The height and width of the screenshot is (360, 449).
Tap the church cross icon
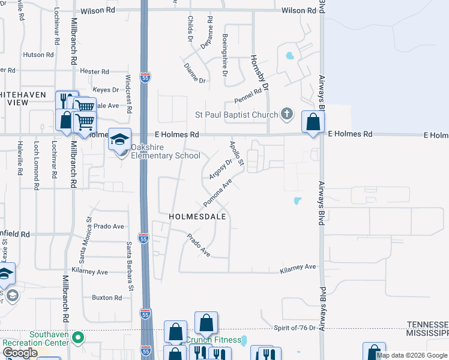pos(287,114)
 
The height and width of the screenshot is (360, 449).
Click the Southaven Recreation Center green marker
pos(77,338)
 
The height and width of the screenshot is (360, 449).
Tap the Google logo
pos(19,353)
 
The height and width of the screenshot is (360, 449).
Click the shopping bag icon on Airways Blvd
pos(313,122)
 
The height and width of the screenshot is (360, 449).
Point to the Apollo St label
pos(237,154)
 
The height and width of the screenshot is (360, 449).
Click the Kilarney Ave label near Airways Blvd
pos(297,267)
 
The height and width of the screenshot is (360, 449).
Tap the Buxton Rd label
pos(107,298)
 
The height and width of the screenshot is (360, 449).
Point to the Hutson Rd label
pos(38,55)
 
